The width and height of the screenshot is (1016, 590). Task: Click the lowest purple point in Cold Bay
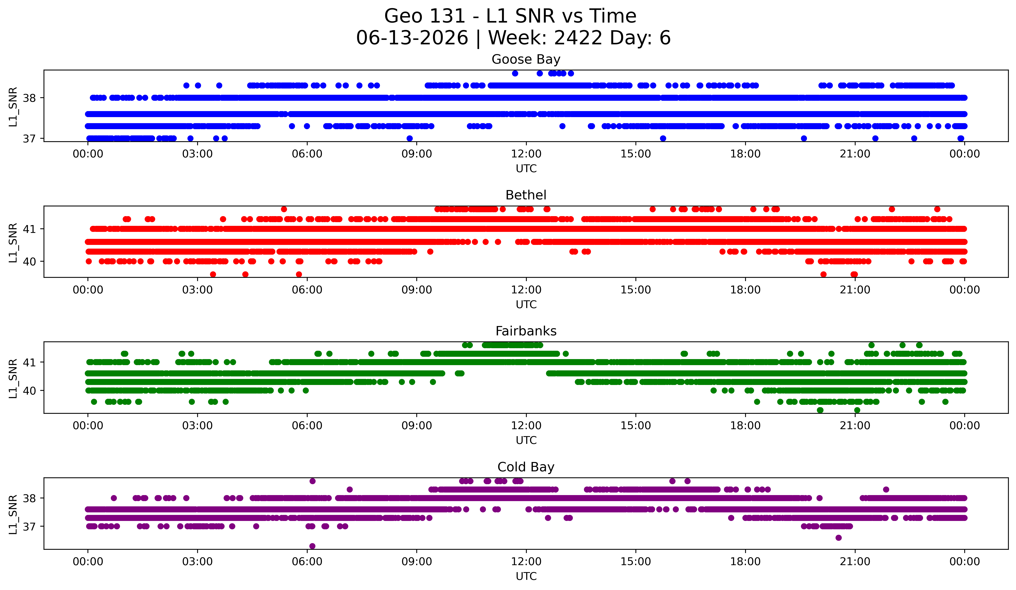[312, 546]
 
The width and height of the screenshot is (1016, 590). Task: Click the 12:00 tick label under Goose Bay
[526, 154]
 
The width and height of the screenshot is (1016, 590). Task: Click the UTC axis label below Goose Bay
[526, 169]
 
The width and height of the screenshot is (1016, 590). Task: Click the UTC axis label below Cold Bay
[526, 576]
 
